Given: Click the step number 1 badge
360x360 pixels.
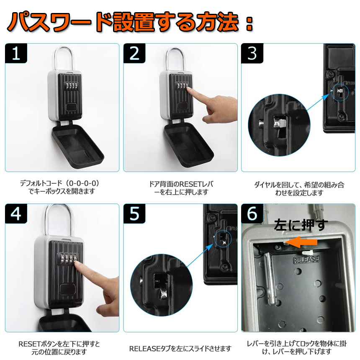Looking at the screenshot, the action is pos(16,53).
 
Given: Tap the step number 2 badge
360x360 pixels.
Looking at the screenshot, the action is pos(134,53).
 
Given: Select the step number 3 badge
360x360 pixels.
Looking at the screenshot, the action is pos(252,53).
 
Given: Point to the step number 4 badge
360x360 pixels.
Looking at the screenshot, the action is pos(16,213).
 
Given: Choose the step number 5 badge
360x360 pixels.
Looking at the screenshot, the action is pos(134,213).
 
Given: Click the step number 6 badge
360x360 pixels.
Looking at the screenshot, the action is pos(252,213).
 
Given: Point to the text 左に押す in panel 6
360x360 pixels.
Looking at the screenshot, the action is pos(301,225).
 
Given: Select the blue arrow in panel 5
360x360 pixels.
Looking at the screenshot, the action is pos(200,255).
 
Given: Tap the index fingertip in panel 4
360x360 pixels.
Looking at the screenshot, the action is pos(77,264).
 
